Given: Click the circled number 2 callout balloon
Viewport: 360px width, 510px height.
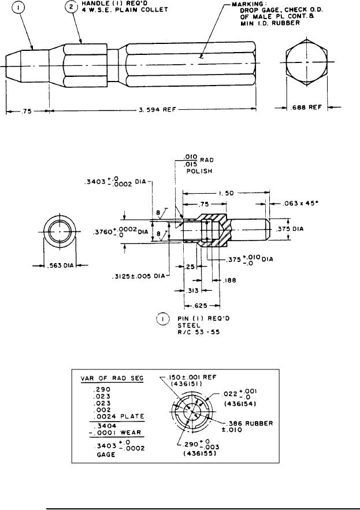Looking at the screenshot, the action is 71,7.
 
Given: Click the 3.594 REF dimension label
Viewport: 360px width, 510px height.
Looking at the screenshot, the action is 157,110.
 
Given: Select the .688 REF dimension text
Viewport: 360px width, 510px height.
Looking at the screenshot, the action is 306,107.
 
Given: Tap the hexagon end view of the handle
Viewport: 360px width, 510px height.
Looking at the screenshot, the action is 307,62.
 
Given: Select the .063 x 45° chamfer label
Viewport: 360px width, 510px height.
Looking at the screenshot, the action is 300,204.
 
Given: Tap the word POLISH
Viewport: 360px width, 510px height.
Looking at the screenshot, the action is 199,171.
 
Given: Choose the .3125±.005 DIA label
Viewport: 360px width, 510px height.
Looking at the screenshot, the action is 139,276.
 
